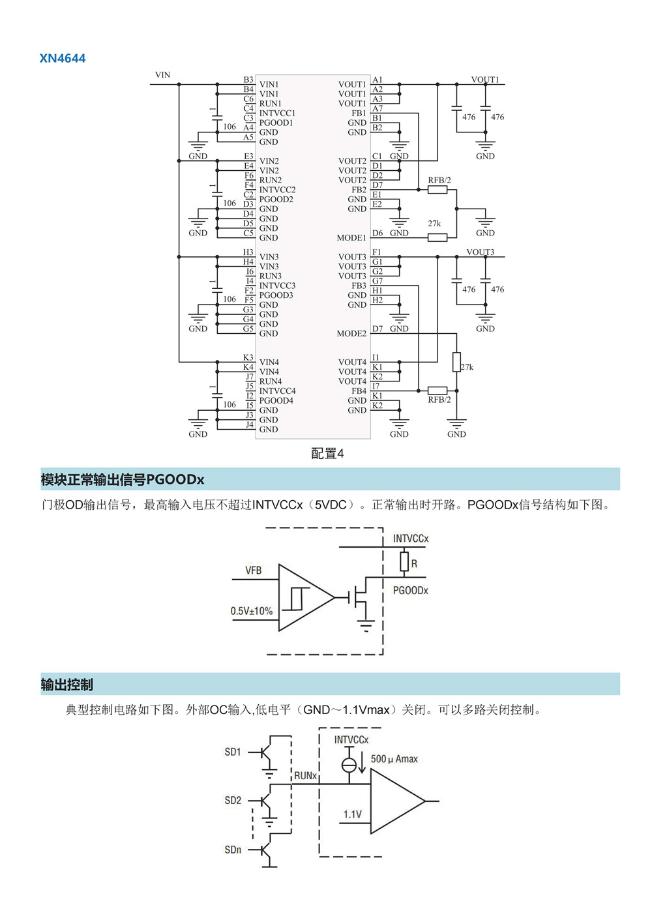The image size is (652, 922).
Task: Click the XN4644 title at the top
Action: (x=63, y=59)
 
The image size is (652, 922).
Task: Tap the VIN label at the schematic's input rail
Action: (x=162, y=75)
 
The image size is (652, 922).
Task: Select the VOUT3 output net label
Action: (x=480, y=252)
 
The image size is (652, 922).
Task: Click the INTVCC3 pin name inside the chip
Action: (x=277, y=286)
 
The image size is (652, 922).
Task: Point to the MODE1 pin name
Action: (x=351, y=238)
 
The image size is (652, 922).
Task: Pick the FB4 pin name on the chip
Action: (x=359, y=391)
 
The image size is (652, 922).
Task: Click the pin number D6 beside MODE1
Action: (x=378, y=233)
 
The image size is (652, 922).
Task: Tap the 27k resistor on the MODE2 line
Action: (x=456, y=362)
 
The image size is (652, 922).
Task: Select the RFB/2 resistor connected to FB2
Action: (x=437, y=190)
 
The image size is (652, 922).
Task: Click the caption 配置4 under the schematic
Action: (x=327, y=453)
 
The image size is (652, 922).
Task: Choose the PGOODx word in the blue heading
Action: (x=175, y=480)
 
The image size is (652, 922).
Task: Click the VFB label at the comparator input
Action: (x=253, y=571)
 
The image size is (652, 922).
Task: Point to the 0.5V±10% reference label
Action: (x=251, y=611)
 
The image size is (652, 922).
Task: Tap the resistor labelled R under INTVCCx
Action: (x=404, y=562)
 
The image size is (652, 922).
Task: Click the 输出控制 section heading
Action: (x=67, y=685)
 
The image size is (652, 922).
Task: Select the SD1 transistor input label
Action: (x=233, y=752)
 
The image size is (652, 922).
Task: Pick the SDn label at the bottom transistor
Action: (x=233, y=850)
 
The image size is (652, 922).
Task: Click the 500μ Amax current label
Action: (x=394, y=759)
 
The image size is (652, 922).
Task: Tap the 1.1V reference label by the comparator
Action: (x=352, y=814)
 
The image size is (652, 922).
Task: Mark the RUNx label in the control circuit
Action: (x=305, y=776)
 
